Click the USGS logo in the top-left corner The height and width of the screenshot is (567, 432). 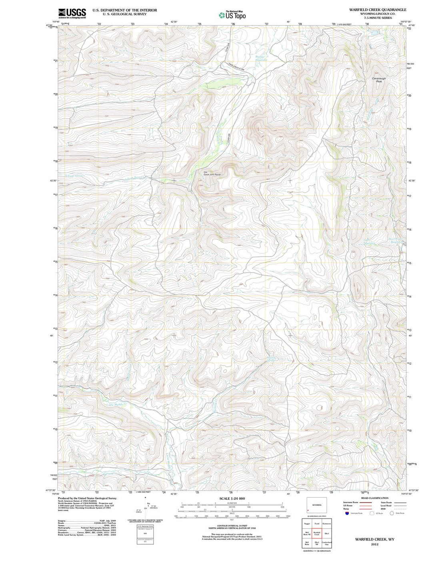point(72,14)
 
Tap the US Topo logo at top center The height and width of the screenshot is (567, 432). point(232,15)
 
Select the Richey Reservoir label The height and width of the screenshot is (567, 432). point(260,58)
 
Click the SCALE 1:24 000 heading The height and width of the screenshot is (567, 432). point(232,498)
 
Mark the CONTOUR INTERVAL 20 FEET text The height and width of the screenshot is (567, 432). point(232,525)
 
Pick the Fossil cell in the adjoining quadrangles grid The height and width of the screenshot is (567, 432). point(316,523)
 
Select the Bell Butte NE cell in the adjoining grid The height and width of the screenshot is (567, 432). point(307,534)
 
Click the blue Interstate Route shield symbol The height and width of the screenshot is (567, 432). point(347,513)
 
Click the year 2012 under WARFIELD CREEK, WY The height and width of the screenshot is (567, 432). point(374,545)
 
